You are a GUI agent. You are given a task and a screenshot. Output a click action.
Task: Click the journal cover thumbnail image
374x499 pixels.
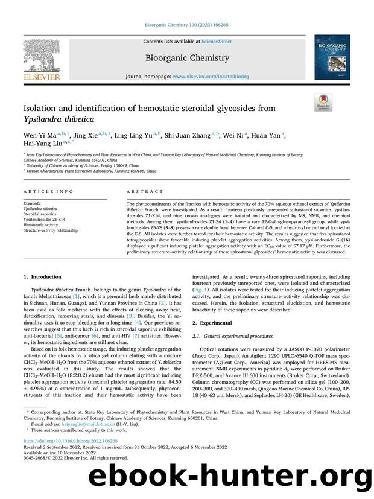[x=331, y=57]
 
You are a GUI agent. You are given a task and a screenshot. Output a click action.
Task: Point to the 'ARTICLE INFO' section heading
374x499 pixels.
[x=40, y=191]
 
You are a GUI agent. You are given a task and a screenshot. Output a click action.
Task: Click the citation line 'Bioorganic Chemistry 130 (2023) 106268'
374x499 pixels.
[x=186, y=25]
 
